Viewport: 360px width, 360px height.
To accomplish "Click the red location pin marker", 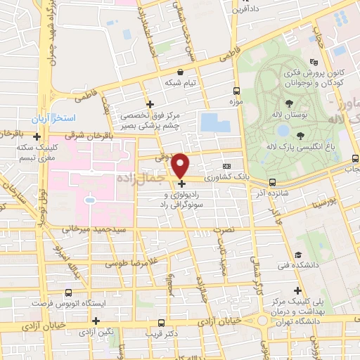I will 181,165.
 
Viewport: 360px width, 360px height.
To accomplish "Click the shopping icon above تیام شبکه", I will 181,71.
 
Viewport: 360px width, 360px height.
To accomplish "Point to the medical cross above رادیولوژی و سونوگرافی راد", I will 182,184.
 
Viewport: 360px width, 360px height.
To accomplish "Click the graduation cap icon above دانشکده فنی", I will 298,255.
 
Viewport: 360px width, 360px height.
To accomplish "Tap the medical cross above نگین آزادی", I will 96,321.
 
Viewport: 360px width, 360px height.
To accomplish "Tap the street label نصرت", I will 222,229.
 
